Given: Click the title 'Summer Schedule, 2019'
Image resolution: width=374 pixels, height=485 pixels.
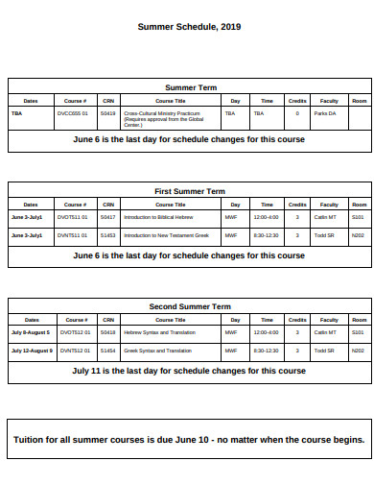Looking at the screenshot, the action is pyautogui.click(x=189, y=27).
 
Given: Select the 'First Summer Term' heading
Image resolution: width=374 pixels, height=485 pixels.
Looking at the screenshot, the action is pyautogui.click(x=189, y=191).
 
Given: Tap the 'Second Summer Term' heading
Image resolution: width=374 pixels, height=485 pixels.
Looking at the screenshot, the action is pyautogui.click(x=189, y=306).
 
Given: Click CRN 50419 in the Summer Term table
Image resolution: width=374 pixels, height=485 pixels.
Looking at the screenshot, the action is pyautogui.click(x=107, y=113).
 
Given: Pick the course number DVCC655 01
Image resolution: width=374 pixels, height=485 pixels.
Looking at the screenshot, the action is pyautogui.click(x=73, y=113).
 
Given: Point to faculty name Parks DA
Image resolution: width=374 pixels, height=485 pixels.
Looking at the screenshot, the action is pyautogui.click(x=326, y=113).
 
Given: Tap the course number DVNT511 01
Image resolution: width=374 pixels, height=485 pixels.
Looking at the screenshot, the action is pyautogui.click(x=73, y=234).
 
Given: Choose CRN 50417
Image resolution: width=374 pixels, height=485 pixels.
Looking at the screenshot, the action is pyautogui.click(x=107, y=217).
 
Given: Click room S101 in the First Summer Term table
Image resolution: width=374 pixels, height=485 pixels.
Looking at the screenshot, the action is pyautogui.click(x=358, y=217).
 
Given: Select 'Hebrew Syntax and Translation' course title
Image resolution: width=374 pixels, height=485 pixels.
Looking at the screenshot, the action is pyautogui.click(x=157, y=332).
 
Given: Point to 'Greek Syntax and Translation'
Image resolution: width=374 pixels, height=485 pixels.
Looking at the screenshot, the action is pyautogui.click(x=157, y=351).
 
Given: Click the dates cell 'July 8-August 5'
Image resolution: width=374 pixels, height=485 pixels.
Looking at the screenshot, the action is pyautogui.click(x=31, y=332).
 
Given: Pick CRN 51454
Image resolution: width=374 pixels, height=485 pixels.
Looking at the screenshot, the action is pyautogui.click(x=107, y=351).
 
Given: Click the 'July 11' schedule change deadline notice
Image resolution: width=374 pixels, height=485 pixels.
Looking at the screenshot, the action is pyautogui.click(x=189, y=370).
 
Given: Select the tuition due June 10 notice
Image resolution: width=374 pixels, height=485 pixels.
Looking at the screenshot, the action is pyautogui.click(x=189, y=440).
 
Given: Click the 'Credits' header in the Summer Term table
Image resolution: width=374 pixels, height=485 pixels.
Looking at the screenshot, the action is pyautogui.click(x=297, y=100).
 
